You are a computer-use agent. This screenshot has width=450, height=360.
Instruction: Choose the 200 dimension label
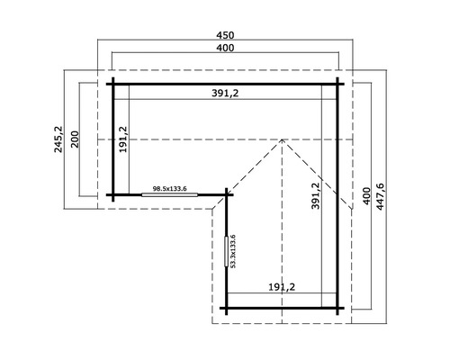[76, 139]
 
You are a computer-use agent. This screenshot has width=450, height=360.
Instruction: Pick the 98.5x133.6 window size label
[168, 188]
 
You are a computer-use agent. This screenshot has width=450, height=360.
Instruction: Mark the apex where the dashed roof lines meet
[283, 139]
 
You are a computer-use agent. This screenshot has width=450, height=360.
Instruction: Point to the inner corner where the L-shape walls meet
[226, 193]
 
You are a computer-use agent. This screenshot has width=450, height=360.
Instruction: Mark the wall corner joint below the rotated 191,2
[114, 193]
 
